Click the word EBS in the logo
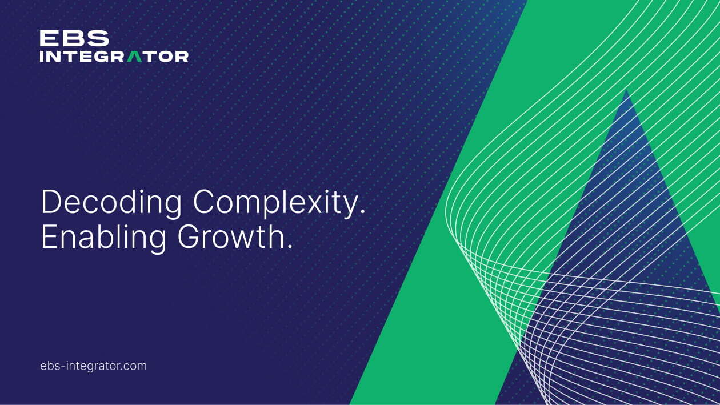coord(74,38)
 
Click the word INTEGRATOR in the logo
coord(114,56)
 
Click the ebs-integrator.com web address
coord(93,366)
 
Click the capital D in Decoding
coord(51,202)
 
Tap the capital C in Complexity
coord(205,202)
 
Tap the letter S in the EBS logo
coord(98,38)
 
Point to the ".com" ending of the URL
coord(134,366)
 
